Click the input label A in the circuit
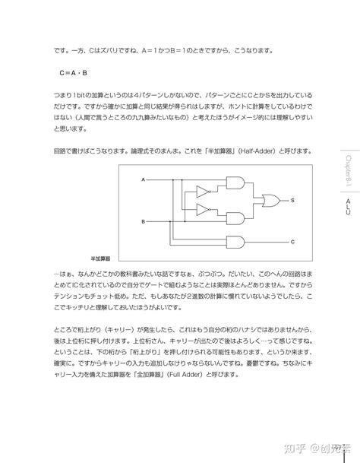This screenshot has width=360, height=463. coord(143,179)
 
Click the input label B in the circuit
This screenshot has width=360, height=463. coord(143,221)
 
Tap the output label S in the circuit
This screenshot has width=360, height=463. coord(292,201)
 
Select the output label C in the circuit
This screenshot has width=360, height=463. coord(292,243)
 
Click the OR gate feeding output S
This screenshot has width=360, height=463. coord(269,201)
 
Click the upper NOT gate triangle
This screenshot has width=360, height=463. coord(204,191)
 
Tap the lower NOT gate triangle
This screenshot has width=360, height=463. coord(204,210)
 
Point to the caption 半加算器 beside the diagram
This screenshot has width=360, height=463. coord(101,258)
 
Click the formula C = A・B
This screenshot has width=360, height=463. coord(74,74)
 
